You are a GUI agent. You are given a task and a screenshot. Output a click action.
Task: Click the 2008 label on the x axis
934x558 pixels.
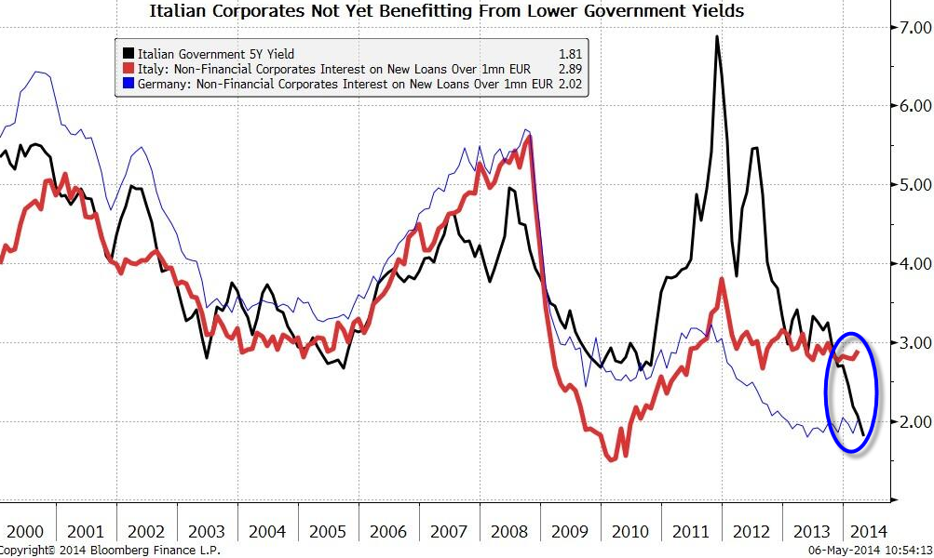pyautogui.click(x=510, y=531)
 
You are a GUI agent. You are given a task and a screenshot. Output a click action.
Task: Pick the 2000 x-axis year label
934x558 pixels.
pyautogui.click(x=25, y=531)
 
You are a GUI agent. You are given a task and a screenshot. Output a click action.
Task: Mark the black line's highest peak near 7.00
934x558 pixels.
pyautogui.click(x=716, y=37)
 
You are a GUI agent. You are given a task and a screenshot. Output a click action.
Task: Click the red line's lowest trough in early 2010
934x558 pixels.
pyautogui.click(x=611, y=458)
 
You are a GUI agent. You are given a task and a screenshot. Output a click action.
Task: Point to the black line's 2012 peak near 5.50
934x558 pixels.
pyautogui.click(x=753, y=149)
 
